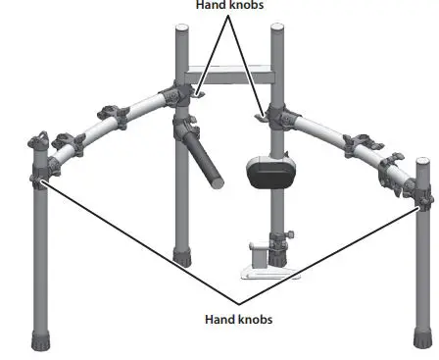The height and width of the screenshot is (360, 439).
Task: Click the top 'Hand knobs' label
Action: click(230, 5)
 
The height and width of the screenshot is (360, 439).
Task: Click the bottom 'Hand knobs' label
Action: click(238, 320)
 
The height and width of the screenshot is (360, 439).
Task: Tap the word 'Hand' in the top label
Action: click(210, 5)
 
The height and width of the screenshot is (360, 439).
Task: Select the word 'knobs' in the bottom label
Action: click(256, 320)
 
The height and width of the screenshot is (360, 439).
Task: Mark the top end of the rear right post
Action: click(277, 31)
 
